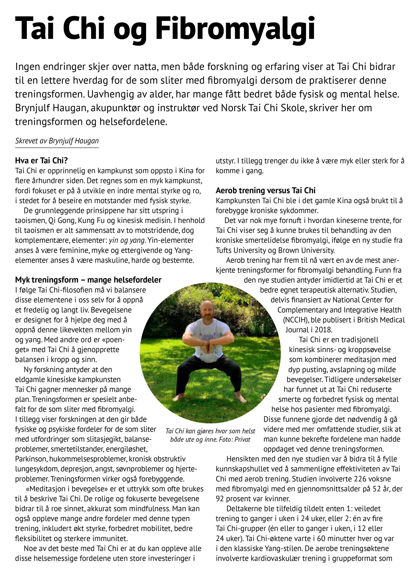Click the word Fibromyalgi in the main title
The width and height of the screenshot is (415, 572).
(235, 28)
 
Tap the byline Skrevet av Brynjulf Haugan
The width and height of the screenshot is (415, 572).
(57, 141)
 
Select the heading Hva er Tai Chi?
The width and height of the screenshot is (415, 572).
(42, 160)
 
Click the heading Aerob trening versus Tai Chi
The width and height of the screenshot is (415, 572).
(266, 190)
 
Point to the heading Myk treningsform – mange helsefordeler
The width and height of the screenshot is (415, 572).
(88, 280)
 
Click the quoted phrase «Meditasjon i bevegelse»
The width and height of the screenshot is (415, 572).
(67, 489)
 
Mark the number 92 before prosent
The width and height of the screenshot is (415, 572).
(220, 499)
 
